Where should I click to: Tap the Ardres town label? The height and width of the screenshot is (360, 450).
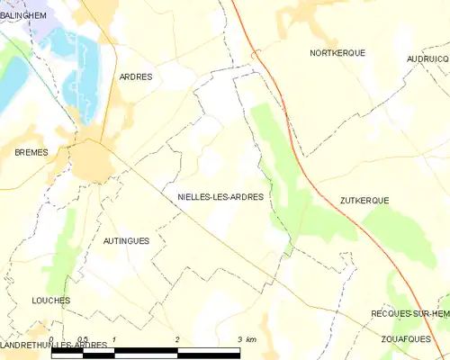tap(136, 77)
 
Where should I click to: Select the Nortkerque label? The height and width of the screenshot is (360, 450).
tap(337, 53)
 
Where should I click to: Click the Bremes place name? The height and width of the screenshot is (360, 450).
tap(31, 153)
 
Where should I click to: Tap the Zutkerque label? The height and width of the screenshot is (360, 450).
tap(364, 201)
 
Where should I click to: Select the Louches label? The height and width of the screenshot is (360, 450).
tap(50, 301)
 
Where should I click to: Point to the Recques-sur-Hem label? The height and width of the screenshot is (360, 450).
tap(410, 313)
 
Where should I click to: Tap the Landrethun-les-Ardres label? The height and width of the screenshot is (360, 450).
tap(54, 346)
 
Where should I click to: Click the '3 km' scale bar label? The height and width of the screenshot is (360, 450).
tap(246, 339)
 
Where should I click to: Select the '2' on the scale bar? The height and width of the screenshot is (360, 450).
tap(177, 339)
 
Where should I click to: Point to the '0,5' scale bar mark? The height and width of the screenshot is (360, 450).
tap(82, 339)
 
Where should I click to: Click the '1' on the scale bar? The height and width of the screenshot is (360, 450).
tap(114, 339)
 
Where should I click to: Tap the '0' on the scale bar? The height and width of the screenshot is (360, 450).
tap(51, 339)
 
